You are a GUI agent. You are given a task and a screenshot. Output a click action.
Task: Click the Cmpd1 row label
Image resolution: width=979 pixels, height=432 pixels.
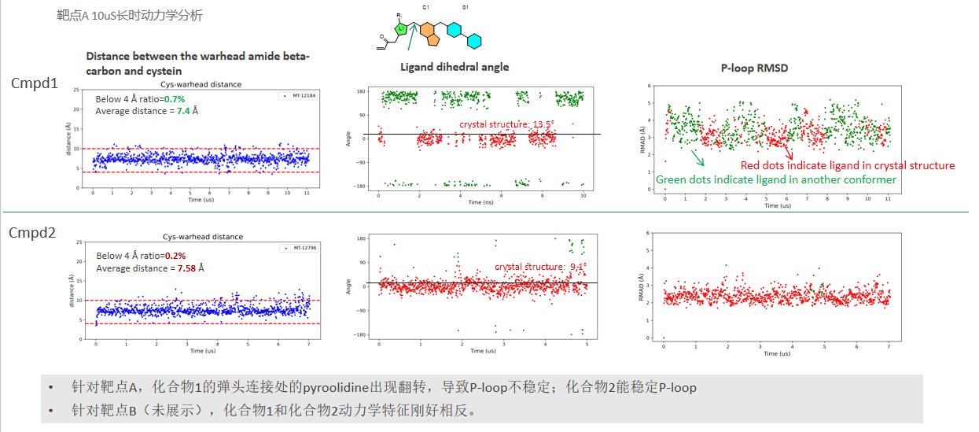tap(34, 83)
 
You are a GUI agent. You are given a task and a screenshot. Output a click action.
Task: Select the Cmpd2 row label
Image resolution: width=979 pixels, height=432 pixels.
tap(32, 232)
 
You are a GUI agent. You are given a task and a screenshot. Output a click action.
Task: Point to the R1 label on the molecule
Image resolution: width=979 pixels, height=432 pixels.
tap(399, 15)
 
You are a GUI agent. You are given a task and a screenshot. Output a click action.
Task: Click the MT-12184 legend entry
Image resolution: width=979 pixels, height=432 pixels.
tap(300, 95)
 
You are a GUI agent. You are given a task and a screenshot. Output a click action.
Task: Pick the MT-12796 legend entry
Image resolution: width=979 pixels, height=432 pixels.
tap(299, 248)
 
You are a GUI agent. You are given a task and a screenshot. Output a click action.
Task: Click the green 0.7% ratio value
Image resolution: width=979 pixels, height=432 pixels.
tap(174, 99)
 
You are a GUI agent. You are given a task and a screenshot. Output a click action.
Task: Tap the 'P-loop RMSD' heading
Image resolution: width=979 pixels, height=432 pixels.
tap(754, 68)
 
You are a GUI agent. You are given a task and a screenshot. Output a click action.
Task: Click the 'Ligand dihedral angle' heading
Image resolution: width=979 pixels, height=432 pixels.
tap(455, 67)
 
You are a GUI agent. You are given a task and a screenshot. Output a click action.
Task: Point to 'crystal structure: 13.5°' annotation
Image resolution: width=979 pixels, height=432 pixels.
tap(506, 124)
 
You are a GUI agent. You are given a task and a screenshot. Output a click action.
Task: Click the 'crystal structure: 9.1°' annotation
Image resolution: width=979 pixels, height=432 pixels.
tap(540, 267)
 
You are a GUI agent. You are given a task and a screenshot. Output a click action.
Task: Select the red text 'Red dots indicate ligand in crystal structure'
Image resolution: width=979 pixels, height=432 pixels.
tap(848, 165)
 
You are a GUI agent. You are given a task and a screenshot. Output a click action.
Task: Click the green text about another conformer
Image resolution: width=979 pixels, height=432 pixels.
tap(775, 179)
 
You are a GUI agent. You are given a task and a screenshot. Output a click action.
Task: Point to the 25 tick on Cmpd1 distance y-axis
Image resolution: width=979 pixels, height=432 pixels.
tap(75, 89)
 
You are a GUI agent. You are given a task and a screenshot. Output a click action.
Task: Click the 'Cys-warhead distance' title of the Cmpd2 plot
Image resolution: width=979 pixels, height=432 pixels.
tap(202, 236)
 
